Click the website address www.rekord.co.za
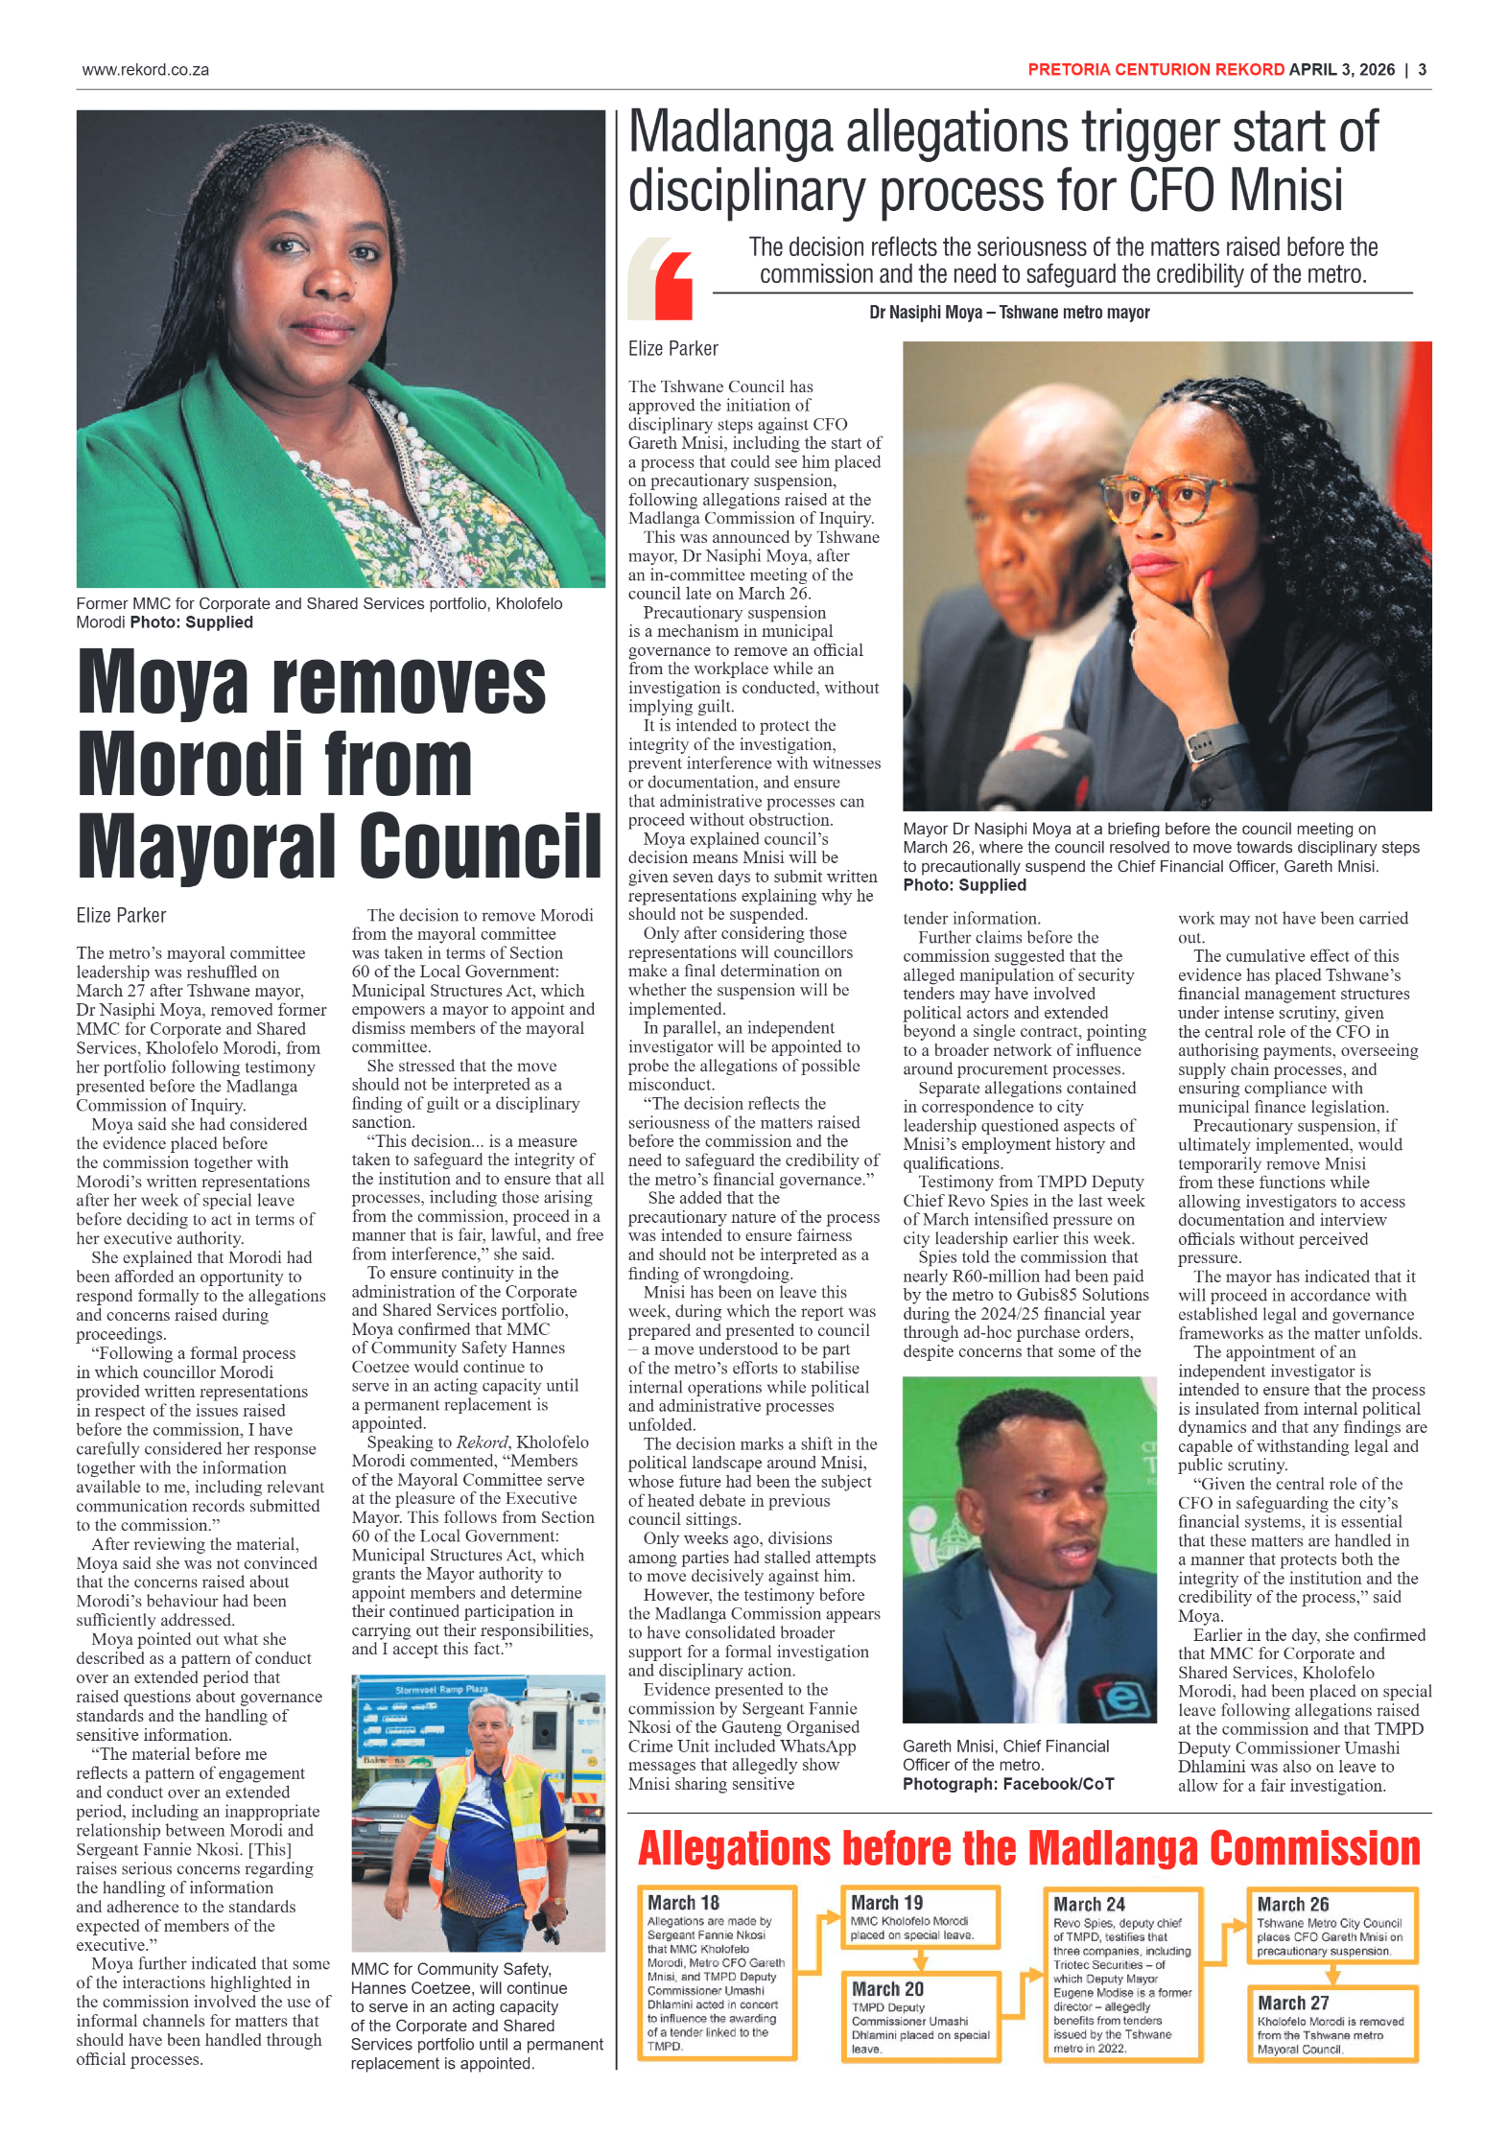coord(145,70)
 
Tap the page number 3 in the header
coord(1422,70)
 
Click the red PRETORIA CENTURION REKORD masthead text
coord(1155,70)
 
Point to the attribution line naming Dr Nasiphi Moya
coord(1008,313)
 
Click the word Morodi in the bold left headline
coord(191,764)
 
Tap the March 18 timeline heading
coord(683,1903)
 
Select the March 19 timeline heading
coord(886,1903)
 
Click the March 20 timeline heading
coord(887,1989)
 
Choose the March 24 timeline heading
coord(1089,1904)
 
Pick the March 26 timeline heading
coord(1292,1904)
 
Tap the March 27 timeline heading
coord(1292,2003)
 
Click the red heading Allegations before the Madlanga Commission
coord(1028,1849)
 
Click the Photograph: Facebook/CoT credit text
coord(1007,1784)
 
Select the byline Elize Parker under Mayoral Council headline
coord(122,916)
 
